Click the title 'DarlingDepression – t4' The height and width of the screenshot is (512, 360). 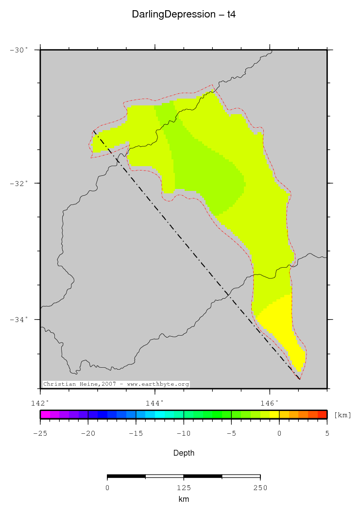tap(184, 15)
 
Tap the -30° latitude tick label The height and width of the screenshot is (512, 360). tap(19, 50)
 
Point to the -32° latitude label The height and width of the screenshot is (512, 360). tap(19, 183)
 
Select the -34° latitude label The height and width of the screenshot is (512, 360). tap(19, 319)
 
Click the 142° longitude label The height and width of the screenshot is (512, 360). tap(40, 403)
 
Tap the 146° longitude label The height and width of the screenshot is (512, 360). tap(270, 403)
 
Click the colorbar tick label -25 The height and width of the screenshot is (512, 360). tap(40, 433)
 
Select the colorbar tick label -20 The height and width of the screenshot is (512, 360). tap(87, 433)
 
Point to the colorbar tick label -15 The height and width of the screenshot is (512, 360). tap(136, 433)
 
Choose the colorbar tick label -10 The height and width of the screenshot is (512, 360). tap(183, 433)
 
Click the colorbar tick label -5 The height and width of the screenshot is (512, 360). tap(231, 433)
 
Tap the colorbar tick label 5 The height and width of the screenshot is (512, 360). tap(327, 433)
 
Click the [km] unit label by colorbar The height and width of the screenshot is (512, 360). tap(343, 415)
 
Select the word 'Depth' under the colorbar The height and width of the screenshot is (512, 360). tap(184, 453)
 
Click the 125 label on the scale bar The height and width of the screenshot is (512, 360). tap(184, 488)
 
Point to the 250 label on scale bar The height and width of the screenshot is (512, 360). tap(260, 488)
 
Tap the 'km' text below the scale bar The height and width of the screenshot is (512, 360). tap(184, 499)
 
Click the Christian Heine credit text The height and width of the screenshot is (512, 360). tap(116, 384)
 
